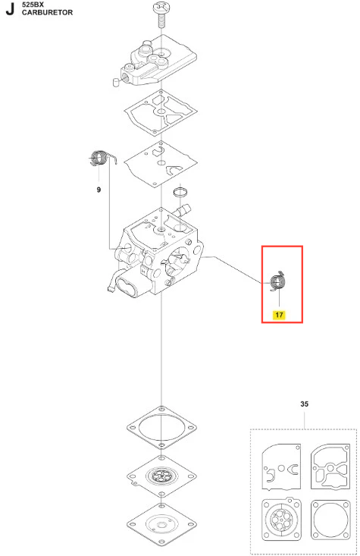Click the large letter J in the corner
coord(10,9)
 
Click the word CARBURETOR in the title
coord(47,12)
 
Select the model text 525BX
coord(33,5)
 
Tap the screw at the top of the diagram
coord(161,15)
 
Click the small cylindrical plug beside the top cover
coord(115,82)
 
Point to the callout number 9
coord(99,190)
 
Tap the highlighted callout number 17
coord(279,315)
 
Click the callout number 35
coord(304,404)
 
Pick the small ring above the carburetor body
coord(180,192)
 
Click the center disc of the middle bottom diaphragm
coord(161,475)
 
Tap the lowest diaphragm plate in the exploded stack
coord(161,524)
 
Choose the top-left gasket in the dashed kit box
coord(281,466)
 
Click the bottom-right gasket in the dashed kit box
coord(330,520)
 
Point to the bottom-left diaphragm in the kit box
coord(281,520)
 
